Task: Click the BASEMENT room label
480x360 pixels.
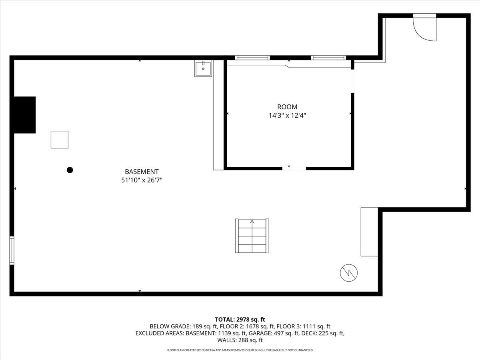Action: point(142,172)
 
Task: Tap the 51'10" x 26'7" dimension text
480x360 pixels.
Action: point(142,180)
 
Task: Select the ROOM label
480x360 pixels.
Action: point(287,107)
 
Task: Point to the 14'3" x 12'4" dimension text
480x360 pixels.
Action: point(287,116)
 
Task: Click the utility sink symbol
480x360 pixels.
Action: point(203,68)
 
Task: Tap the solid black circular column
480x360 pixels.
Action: point(70,170)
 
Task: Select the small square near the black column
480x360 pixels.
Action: point(59,140)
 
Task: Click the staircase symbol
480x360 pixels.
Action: point(252,236)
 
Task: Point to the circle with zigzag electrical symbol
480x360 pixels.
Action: point(349,273)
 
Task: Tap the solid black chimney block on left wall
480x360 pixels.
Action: point(25,115)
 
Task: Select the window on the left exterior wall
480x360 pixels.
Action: point(12,250)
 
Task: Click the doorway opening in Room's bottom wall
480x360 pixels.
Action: point(294,168)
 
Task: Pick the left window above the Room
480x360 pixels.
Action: point(252,58)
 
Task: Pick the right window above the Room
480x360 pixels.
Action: point(328,58)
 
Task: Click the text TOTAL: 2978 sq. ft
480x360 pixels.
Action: point(240,319)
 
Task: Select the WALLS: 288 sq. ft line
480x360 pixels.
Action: point(240,340)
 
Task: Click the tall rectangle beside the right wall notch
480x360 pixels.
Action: point(369,232)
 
